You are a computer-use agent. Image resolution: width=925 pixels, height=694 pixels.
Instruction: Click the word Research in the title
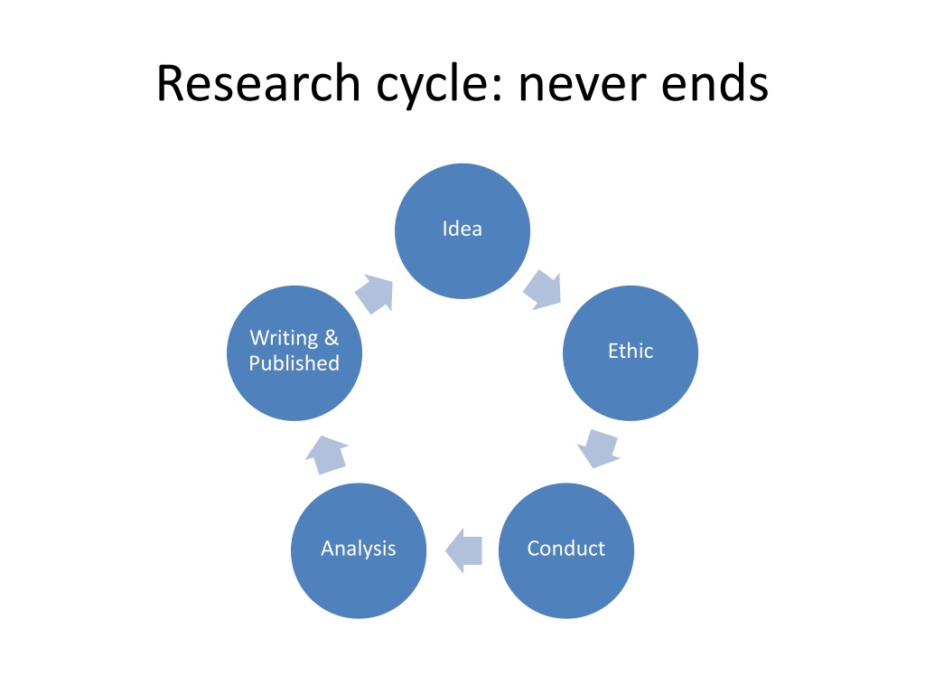pyautogui.click(x=258, y=83)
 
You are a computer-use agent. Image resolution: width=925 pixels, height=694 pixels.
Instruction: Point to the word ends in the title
pyautogui.click(x=715, y=83)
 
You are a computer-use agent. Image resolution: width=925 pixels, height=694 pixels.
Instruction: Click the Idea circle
pyautogui.click(x=462, y=230)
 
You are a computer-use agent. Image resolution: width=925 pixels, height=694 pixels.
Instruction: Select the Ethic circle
pyautogui.click(x=631, y=353)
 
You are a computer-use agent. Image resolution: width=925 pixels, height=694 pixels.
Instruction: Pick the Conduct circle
pyautogui.click(x=566, y=550)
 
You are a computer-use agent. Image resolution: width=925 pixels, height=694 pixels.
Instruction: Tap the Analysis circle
pyautogui.click(x=359, y=550)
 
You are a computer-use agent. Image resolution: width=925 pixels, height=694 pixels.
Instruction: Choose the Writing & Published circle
pyautogui.click(x=294, y=353)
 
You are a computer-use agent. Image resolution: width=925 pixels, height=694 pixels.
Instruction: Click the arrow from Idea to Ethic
pyautogui.click(x=543, y=290)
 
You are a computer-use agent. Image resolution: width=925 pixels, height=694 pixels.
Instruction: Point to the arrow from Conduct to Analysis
pyautogui.click(x=463, y=550)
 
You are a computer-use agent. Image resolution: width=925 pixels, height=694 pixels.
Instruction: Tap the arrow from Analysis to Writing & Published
pyautogui.click(x=326, y=455)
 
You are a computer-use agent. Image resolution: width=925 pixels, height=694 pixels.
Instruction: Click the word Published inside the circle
pyautogui.click(x=294, y=363)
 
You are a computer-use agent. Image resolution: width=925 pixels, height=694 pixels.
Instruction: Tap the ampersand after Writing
pyautogui.click(x=332, y=338)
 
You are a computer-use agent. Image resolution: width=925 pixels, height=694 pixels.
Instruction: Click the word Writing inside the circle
pyautogui.click(x=284, y=338)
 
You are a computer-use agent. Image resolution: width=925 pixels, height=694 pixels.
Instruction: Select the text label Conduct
pyautogui.click(x=566, y=549)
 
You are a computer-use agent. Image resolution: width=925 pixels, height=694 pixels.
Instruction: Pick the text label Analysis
pyautogui.click(x=359, y=549)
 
